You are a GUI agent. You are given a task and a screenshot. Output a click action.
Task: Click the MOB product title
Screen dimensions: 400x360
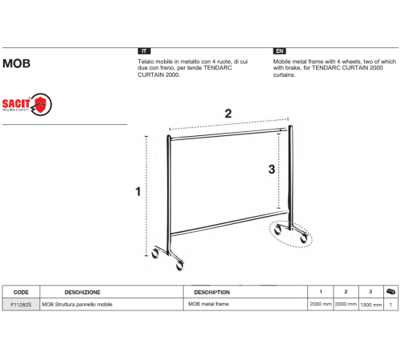tap(16, 63)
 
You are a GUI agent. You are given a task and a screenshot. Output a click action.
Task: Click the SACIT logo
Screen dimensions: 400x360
tap(27, 104)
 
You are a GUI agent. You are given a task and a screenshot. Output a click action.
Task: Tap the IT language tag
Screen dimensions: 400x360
tap(144, 51)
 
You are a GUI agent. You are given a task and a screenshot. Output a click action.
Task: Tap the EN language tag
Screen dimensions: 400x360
tap(279, 51)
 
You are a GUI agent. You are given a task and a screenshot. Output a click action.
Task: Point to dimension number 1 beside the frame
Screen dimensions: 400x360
tap(138, 191)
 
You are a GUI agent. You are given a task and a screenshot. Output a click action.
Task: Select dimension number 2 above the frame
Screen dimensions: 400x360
tap(228, 114)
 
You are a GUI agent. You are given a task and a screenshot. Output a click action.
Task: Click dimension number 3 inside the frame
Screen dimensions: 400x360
tap(271, 169)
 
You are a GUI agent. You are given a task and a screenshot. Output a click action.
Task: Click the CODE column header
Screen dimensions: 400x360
tap(21, 292)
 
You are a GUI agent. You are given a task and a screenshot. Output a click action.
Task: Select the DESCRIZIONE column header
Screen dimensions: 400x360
tap(82, 292)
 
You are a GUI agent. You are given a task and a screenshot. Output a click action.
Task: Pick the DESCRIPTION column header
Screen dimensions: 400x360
tap(212, 292)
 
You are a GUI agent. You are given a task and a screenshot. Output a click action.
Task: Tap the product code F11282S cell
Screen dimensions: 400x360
tap(21, 305)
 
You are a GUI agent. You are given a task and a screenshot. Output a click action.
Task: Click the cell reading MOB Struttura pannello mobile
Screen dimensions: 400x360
tap(77, 304)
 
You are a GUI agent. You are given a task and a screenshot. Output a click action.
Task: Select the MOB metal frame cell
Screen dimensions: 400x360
tap(209, 304)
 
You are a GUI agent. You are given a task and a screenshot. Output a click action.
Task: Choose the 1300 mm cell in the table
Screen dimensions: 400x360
tap(371, 305)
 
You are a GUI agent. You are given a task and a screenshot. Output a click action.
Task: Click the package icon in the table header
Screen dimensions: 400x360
tap(390, 291)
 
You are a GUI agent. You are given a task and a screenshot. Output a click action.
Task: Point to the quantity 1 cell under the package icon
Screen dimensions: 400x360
tap(390, 305)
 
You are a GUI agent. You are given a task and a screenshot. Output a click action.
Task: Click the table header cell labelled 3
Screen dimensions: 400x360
tap(370, 292)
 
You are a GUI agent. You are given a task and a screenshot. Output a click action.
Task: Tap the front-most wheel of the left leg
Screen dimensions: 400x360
tap(180, 266)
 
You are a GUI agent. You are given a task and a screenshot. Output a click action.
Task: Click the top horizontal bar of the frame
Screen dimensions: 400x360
tap(229, 134)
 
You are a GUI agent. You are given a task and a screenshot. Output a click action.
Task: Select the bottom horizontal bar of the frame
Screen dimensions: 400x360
tap(230, 223)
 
